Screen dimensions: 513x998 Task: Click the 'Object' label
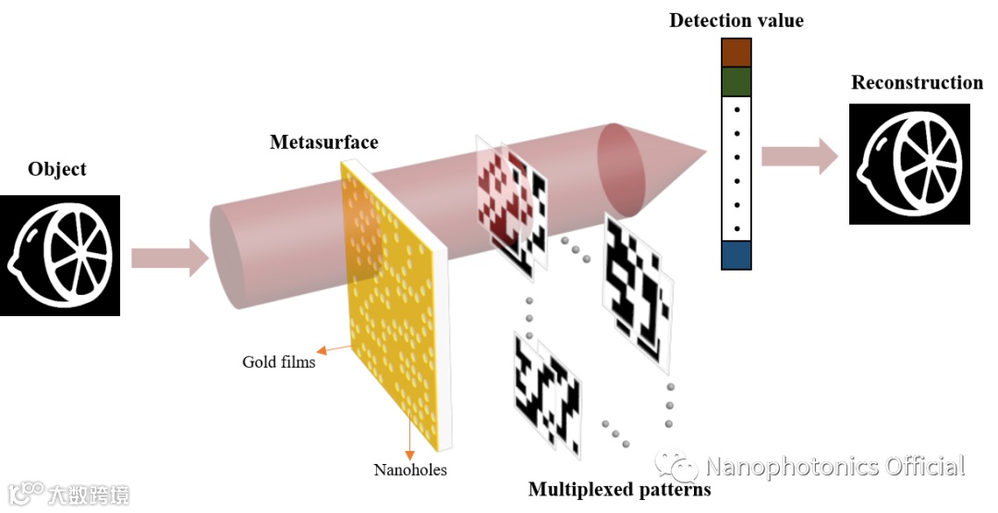click(57, 169)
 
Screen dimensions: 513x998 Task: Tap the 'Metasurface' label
click(323, 142)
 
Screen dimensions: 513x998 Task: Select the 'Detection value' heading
click(736, 20)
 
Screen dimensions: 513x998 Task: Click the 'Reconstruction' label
click(917, 83)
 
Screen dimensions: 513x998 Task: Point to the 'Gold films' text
click(279, 361)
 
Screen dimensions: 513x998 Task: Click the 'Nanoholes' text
click(409, 470)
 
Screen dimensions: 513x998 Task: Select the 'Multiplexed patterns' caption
click(619, 489)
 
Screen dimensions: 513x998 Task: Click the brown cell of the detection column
click(736, 52)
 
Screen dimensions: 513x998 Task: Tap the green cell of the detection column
click(736, 81)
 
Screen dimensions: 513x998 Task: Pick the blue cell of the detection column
click(736, 255)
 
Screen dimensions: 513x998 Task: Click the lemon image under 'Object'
click(60, 255)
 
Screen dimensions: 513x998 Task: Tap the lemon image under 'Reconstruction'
click(909, 164)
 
